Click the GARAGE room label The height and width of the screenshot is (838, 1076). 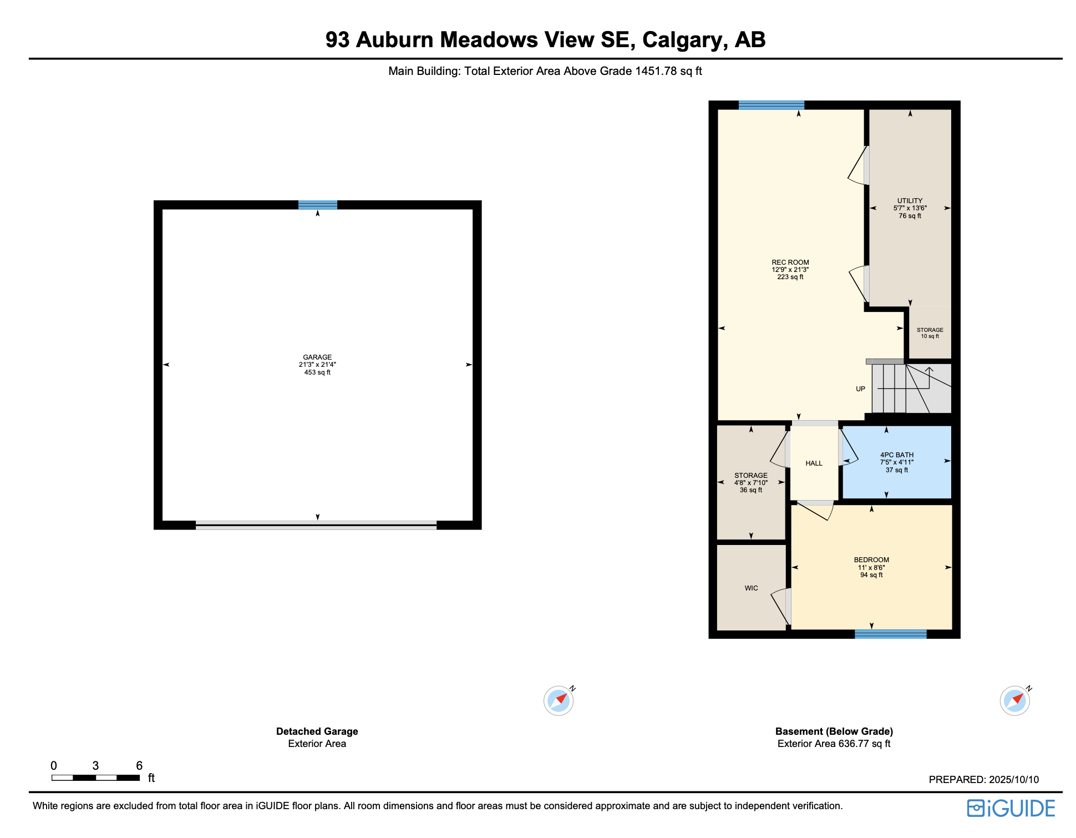317,357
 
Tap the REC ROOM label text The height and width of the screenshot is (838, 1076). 790,262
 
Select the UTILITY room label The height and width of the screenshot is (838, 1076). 910,201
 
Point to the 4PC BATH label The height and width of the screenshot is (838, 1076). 897,455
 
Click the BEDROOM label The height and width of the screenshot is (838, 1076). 871,560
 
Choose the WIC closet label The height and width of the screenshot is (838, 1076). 752,588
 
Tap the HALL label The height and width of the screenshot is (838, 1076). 814,463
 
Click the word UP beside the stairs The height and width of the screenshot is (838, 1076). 860,389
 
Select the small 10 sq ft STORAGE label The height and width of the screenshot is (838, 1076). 930,330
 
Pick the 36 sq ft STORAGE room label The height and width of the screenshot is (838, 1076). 751,476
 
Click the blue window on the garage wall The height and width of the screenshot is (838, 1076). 318,205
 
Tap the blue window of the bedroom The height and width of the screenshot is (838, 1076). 891,634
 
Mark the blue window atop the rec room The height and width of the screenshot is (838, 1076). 772,105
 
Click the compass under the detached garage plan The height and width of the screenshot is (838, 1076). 559,700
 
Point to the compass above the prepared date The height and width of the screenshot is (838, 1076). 1015,700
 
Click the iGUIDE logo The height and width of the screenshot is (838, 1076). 1011,809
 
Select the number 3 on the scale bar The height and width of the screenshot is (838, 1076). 95,766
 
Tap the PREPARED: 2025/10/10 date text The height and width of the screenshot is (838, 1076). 984,780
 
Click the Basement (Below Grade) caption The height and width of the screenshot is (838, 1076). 834,731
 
